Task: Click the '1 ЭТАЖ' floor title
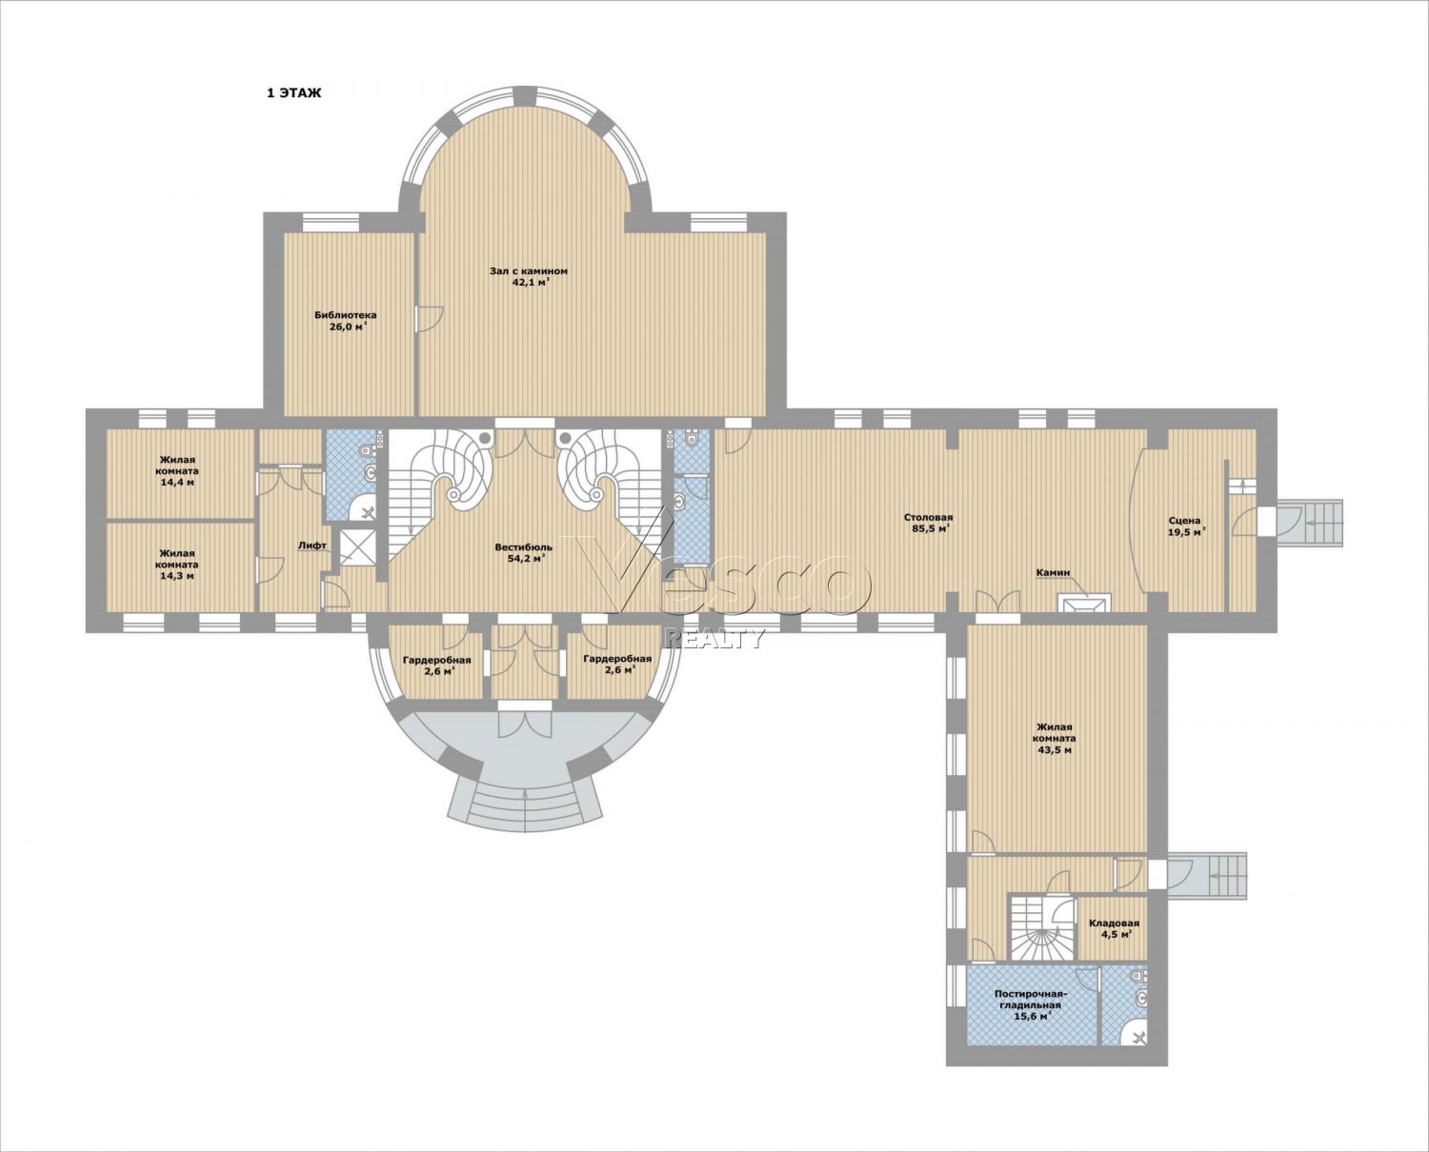(293, 93)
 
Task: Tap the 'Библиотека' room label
(345, 315)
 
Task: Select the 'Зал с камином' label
(529, 270)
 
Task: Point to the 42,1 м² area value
(531, 282)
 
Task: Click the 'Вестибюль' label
(523, 547)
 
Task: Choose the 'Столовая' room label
(928, 518)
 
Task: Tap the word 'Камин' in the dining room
(1053, 573)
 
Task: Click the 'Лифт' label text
(312, 546)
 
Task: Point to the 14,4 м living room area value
(176, 483)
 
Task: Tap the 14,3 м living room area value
(176, 576)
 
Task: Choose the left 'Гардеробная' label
(437, 660)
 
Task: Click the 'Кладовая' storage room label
(1114, 924)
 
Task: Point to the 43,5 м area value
(1054, 750)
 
